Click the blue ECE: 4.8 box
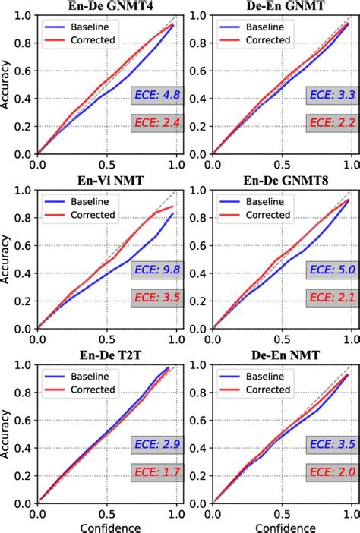156,96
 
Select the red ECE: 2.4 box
156,121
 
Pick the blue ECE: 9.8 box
156,271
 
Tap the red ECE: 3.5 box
156,297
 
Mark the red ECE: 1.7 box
156,472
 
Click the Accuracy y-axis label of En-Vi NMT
7,259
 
